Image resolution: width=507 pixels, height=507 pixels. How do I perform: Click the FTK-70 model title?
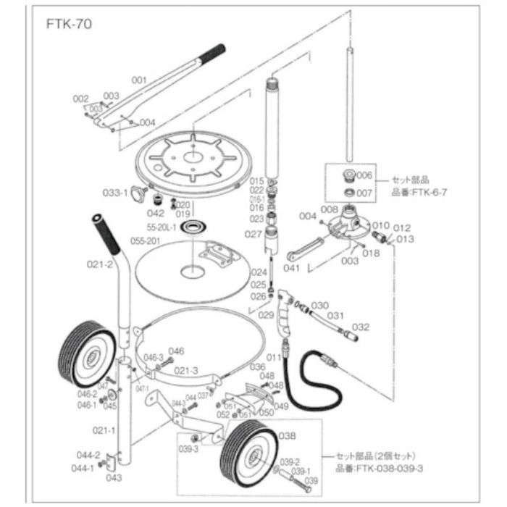[x=68, y=22]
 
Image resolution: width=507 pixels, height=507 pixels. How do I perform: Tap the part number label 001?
[x=139, y=80]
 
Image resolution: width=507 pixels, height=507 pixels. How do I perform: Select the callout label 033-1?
[x=114, y=193]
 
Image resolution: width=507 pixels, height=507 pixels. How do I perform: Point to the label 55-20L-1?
[x=164, y=227]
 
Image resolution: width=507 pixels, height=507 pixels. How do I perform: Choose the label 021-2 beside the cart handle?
[x=101, y=265]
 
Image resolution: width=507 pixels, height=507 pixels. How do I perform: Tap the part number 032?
[x=360, y=327]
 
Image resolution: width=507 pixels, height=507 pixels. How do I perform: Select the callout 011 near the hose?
[x=273, y=357]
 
